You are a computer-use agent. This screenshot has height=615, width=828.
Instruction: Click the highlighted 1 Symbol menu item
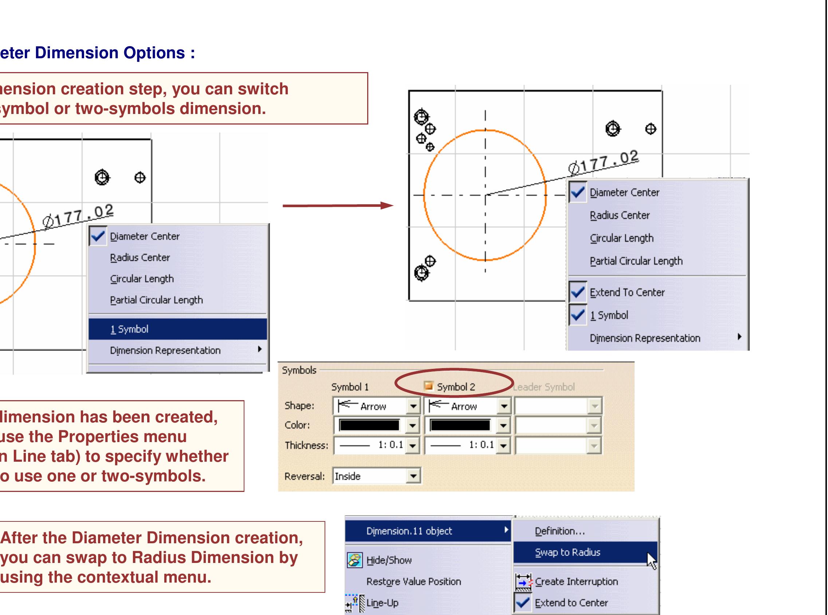pyautogui.click(x=177, y=329)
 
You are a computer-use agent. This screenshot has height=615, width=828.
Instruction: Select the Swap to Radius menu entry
pyautogui.click(x=567, y=552)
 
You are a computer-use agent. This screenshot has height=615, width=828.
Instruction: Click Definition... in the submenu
pyautogui.click(x=560, y=531)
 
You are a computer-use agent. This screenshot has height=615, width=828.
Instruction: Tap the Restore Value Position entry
pyautogui.click(x=413, y=582)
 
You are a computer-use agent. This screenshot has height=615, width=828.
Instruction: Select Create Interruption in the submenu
pyautogui.click(x=576, y=582)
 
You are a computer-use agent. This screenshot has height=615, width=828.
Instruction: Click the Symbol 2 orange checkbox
pyautogui.click(x=429, y=386)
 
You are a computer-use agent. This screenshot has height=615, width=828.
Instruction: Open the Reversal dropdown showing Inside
pyautogui.click(x=413, y=476)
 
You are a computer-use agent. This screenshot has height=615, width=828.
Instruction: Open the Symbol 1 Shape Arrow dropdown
pyautogui.click(x=413, y=406)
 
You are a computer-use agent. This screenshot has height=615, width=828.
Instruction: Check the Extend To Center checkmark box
pyautogui.click(x=578, y=293)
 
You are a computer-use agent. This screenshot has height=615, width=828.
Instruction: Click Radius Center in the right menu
pyautogui.click(x=619, y=216)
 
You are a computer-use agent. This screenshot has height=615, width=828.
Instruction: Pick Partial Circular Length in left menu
pyautogui.click(x=156, y=300)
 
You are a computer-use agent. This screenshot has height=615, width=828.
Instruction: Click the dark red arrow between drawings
pyautogui.click(x=337, y=205)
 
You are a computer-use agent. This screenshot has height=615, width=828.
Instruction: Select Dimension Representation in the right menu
pyautogui.click(x=645, y=338)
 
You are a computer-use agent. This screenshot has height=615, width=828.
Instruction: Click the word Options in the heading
pyautogui.click(x=154, y=53)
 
